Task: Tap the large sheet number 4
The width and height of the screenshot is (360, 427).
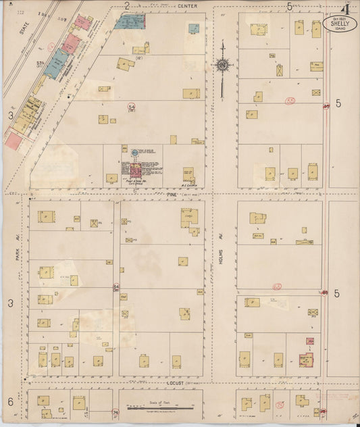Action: pos(345,9)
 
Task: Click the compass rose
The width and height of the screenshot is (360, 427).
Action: pos(222,66)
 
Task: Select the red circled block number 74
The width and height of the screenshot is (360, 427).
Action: pos(115,412)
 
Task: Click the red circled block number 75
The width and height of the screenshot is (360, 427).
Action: pos(280,405)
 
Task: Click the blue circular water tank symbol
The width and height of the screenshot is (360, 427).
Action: pos(134,152)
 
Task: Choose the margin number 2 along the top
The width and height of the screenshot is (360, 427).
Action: pos(126,6)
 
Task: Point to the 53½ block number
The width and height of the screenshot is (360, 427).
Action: pos(40,63)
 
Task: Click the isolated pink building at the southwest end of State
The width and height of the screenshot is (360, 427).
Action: pos(13,140)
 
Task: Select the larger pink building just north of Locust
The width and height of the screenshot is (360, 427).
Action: pos(306,360)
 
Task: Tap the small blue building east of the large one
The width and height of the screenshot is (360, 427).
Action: pos(194,28)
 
